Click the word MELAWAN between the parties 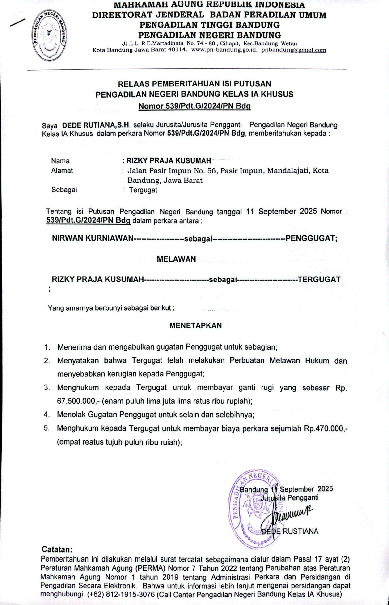coord(176,259)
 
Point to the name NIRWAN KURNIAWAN coord(93,238)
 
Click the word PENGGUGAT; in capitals coord(311,238)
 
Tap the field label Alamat coord(62,171)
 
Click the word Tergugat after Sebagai coord(143,190)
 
